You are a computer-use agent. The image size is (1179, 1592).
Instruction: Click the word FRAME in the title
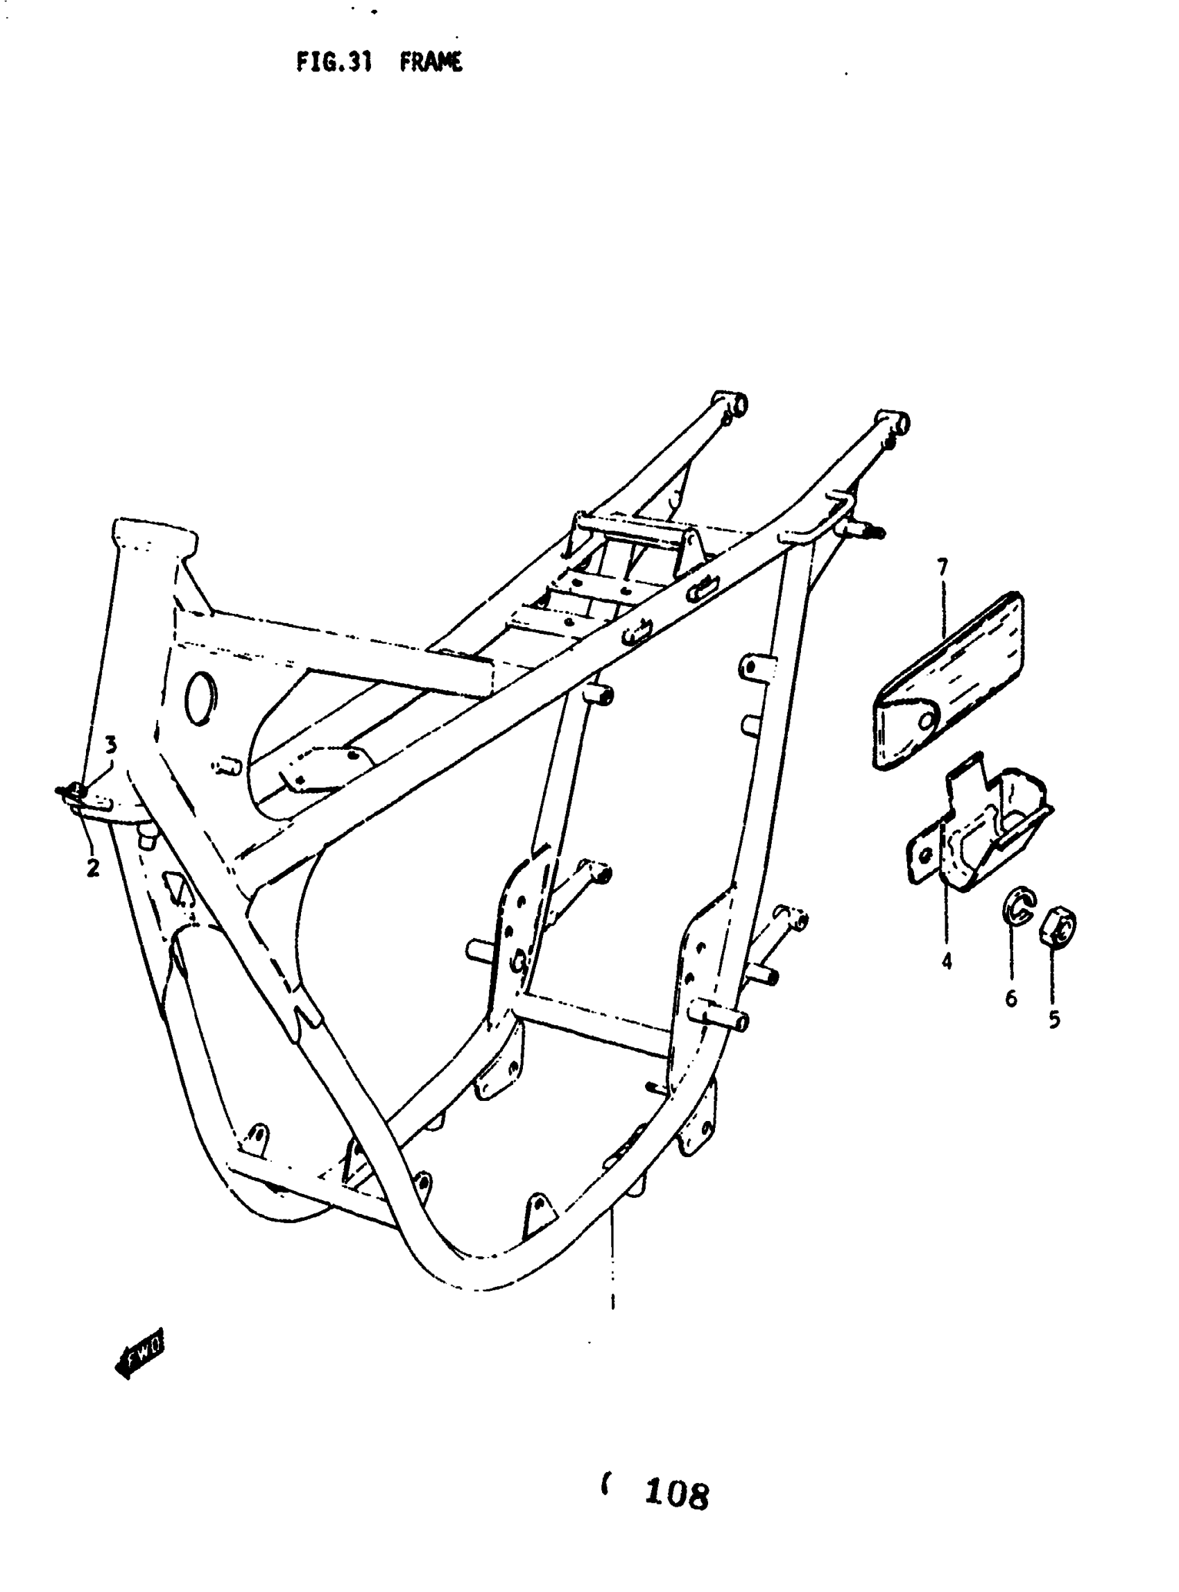431,63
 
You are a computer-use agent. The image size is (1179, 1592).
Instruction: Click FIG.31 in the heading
334,63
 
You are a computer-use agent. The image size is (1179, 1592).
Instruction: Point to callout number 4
947,961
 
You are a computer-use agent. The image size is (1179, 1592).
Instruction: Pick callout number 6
1010,999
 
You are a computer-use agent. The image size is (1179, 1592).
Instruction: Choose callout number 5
1054,1020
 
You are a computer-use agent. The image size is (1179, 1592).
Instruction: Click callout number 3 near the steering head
111,745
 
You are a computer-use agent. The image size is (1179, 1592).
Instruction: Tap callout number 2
93,868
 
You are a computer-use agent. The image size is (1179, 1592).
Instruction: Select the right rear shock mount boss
895,422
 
